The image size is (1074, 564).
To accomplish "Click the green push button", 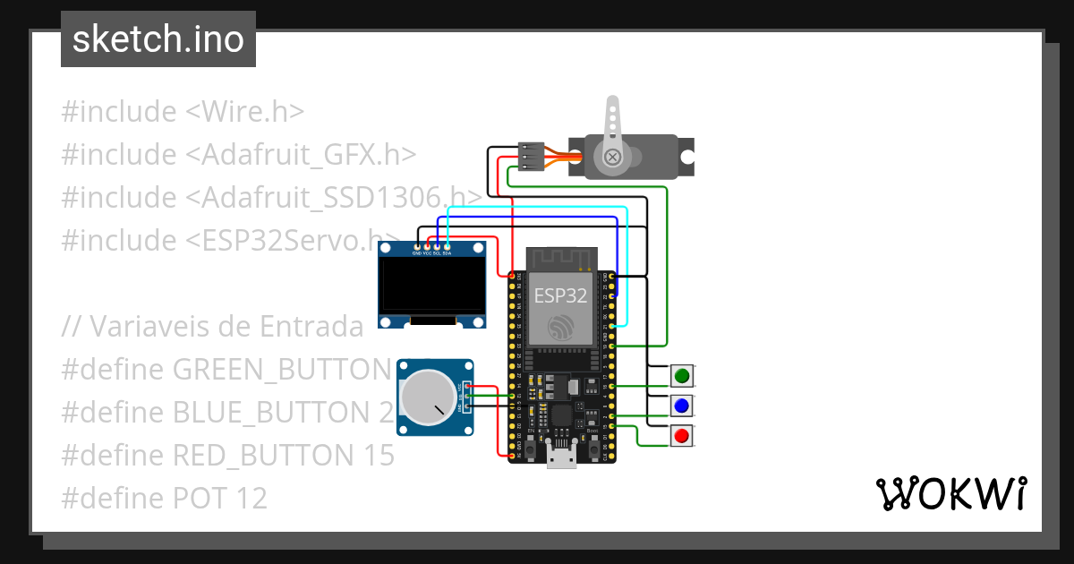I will (x=682, y=376).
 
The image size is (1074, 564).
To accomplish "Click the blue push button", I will (x=682, y=406).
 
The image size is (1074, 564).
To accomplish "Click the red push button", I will (x=682, y=437).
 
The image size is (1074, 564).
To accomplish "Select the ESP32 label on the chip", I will (x=561, y=295).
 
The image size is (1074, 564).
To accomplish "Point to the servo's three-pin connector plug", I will (x=531, y=157).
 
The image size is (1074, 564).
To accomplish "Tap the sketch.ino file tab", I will (x=158, y=39).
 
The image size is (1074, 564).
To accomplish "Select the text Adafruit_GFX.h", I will (x=309, y=155).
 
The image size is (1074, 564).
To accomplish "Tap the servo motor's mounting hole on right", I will (x=686, y=157).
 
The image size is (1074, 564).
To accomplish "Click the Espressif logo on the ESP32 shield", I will (x=562, y=326).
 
